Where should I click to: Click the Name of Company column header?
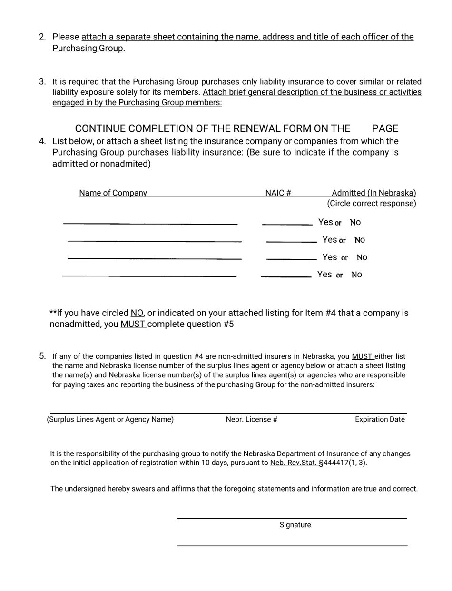pyautogui.click(x=113, y=193)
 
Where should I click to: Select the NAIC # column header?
pyautogui.click(x=278, y=193)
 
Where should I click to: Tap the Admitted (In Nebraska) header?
pyautogui.click(x=373, y=193)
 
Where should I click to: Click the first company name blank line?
pyautogui.click(x=150, y=223)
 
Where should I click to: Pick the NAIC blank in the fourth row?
pyautogui.click(x=286, y=276)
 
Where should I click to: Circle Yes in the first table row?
pyautogui.click(x=325, y=222)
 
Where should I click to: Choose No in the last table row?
pyautogui.click(x=356, y=275)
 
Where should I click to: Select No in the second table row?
pyautogui.click(x=359, y=240)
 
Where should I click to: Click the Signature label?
pyautogui.click(x=295, y=525)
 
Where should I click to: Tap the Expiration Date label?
pyautogui.click(x=380, y=419)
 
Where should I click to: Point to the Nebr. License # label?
pyautogui.click(x=252, y=419)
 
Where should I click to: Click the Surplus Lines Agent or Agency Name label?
pyautogui.click(x=110, y=419)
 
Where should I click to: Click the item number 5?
pyautogui.click(x=42, y=356)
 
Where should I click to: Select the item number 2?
pyautogui.click(x=42, y=37)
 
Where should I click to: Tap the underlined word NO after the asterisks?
pyautogui.click(x=137, y=313)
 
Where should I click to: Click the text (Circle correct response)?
pyautogui.click(x=371, y=204)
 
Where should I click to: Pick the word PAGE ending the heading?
pyautogui.click(x=385, y=128)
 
